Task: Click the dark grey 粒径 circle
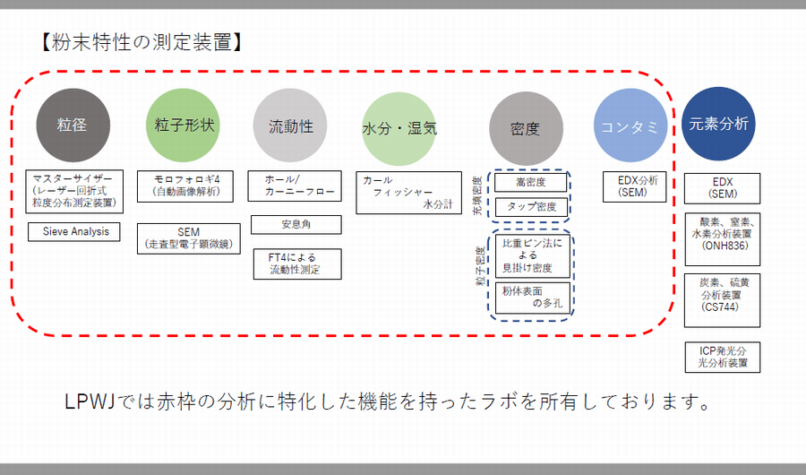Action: coord(73,125)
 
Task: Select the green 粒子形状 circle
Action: coord(183,125)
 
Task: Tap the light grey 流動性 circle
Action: coord(290,125)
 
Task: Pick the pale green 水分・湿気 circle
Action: coord(399,129)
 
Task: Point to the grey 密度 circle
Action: coord(526,129)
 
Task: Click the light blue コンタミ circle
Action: coord(630,125)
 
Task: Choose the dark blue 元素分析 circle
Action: coord(718,124)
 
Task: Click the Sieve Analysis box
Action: coord(74,231)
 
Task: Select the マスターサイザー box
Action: coord(74,192)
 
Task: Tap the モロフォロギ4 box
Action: coord(185,186)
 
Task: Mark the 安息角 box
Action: coord(296,225)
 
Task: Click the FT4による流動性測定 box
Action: coord(297,264)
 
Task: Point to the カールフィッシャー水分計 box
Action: coord(409,193)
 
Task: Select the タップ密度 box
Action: coord(531,207)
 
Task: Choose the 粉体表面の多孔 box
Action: coord(533,298)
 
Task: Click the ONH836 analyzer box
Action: coord(722,239)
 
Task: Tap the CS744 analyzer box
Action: coord(722,300)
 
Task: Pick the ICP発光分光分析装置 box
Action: coord(723,358)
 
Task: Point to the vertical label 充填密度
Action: coord(477,195)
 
